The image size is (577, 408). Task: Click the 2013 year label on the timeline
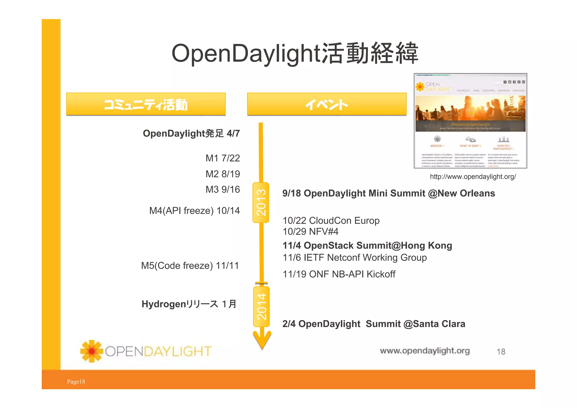click(x=261, y=202)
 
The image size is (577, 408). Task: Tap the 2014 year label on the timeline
click(x=261, y=306)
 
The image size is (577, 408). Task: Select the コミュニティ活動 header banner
click(x=146, y=104)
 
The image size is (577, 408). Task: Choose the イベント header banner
click(x=327, y=104)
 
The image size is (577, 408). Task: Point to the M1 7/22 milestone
click(x=223, y=158)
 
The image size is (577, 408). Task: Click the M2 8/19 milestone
click(x=223, y=174)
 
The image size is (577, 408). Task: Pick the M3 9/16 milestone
click(x=223, y=189)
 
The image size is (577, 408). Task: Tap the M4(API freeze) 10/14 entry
click(x=194, y=211)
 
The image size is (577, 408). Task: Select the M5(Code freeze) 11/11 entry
click(x=190, y=266)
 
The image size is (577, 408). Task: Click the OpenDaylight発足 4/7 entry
click(x=191, y=133)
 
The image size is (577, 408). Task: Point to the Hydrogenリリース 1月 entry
click(x=189, y=304)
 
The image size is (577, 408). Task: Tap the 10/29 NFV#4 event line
click(x=310, y=231)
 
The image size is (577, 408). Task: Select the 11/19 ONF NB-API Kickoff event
click(x=339, y=274)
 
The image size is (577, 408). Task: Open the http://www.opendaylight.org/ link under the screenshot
click(x=473, y=177)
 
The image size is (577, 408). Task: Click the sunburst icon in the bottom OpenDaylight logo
click(x=92, y=351)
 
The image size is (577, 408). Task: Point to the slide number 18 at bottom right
click(x=501, y=352)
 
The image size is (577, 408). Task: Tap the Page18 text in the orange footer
click(x=76, y=381)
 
